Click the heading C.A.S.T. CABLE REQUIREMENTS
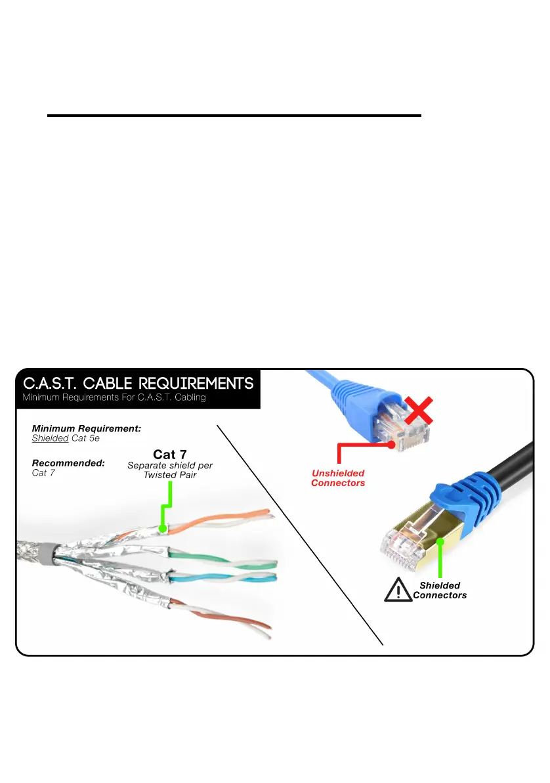tap(138, 382)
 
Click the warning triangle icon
tap(396, 591)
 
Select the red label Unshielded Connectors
tap(337, 478)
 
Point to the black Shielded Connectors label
tap(440, 590)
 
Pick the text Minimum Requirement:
tap(87, 428)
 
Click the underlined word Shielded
tap(50, 437)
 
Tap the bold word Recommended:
tap(68, 462)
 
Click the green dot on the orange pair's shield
tap(162, 527)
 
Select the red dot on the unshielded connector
tap(392, 444)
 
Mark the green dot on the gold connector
tap(440, 542)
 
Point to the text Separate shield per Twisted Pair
tap(170, 470)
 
